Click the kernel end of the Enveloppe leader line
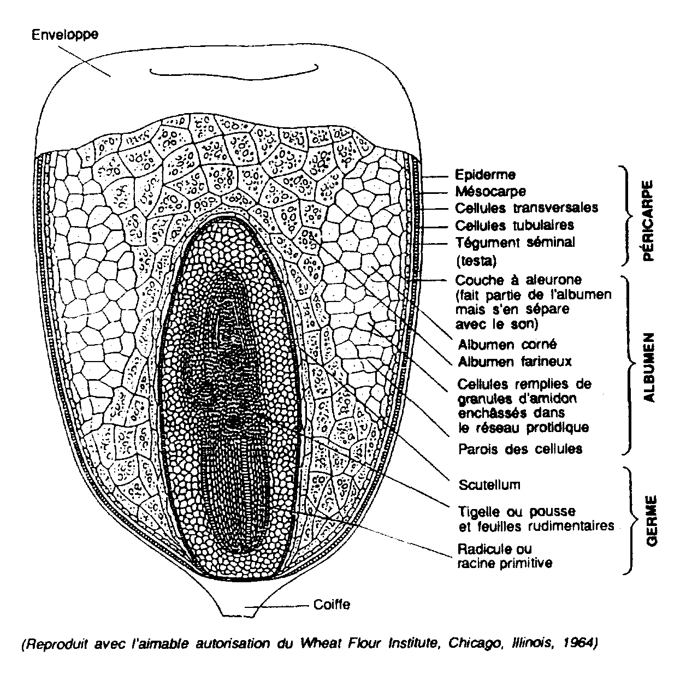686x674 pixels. point(110,76)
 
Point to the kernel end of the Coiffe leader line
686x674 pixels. point(245,606)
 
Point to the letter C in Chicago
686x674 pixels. point(452,643)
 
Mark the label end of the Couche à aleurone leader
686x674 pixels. point(446,280)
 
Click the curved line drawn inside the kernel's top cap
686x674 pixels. point(234,73)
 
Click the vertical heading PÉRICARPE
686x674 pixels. point(649,221)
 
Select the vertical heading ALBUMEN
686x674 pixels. point(649,368)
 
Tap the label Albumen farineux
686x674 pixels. point(514,362)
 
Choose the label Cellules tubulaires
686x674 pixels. point(514,226)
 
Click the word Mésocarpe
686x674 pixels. point(490,192)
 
